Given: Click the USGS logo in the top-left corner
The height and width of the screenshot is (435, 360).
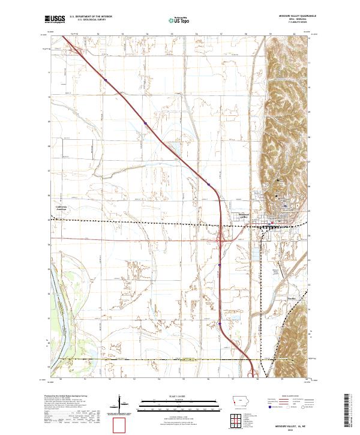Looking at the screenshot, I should pyautogui.click(x=55, y=19).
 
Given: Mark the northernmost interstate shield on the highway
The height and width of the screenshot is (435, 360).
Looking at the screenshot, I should pyautogui.click(x=105, y=79).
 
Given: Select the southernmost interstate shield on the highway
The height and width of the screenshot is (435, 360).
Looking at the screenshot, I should pyautogui.click(x=220, y=324).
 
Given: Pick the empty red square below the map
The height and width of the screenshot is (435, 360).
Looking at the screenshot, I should pyautogui.click(x=121, y=424).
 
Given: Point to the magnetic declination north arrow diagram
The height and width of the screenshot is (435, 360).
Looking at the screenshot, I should pyautogui.click(x=120, y=403).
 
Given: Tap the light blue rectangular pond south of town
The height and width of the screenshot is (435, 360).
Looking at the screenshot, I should pyautogui.click(x=259, y=255).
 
